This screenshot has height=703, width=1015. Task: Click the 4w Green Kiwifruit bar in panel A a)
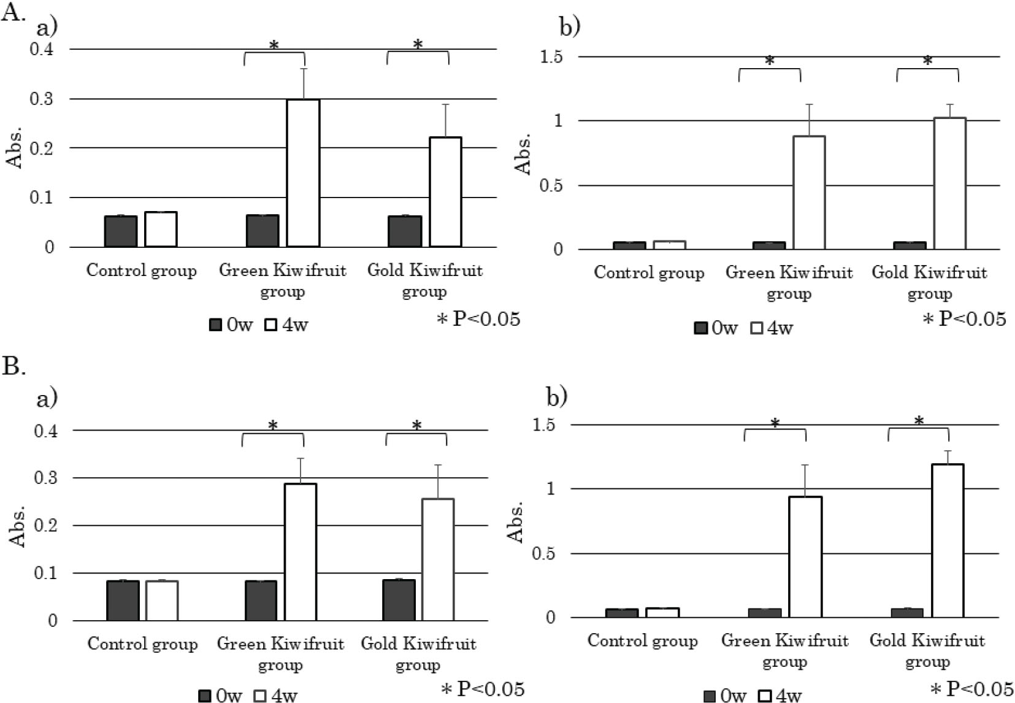[304, 173]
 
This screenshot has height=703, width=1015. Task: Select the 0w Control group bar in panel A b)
[629, 245]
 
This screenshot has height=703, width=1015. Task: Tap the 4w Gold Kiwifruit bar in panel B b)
[948, 540]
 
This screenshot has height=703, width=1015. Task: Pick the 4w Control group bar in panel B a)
[162, 600]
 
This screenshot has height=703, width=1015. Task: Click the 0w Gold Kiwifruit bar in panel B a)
[399, 599]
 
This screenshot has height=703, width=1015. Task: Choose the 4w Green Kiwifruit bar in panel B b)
[805, 556]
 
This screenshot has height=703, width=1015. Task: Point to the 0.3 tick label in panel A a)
[42, 99]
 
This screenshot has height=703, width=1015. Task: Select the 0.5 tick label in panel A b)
[550, 186]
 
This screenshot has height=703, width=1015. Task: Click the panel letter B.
[13, 366]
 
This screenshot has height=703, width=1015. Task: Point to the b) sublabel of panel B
[556, 397]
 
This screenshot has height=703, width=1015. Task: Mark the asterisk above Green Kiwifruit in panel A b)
[770, 61]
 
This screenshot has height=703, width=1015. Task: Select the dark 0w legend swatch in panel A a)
[215, 325]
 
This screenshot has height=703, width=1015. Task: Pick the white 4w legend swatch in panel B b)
[765, 696]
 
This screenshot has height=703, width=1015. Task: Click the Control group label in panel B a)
[142, 643]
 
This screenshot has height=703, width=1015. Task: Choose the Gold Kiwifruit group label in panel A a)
[424, 280]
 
